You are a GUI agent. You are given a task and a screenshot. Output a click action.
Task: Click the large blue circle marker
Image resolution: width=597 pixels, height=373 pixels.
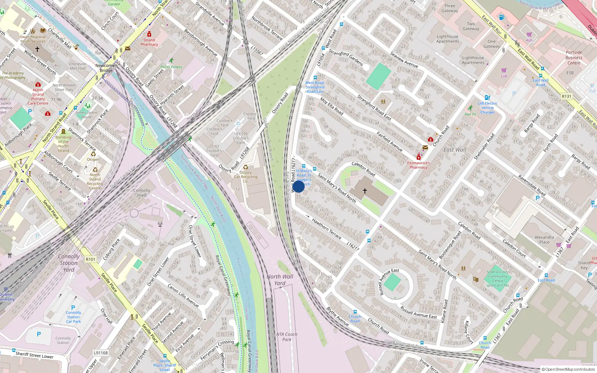[298, 186]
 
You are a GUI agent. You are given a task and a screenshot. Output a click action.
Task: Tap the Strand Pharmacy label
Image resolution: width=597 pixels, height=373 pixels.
[149, 42]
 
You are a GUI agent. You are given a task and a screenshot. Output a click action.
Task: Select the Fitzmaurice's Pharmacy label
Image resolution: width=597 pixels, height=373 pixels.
[418, 165]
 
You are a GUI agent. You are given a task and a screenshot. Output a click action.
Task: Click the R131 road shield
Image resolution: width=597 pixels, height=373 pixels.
[566, 96]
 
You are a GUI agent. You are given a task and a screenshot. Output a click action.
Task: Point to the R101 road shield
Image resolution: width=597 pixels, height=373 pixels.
[90, 259]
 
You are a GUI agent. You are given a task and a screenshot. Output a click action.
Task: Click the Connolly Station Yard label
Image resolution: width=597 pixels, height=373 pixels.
[69, 263]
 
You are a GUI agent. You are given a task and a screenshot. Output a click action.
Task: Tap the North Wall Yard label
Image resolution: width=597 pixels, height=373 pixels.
[280, 280]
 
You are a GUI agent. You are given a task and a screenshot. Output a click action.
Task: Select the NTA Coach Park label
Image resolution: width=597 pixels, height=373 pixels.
[287, 337]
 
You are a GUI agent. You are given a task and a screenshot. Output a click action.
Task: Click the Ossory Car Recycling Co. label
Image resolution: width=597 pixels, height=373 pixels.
[246, 177]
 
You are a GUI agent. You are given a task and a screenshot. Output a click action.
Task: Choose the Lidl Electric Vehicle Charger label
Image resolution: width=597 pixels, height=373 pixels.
[487, 108]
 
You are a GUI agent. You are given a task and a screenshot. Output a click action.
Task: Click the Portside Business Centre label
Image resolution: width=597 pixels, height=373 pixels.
[573, 58]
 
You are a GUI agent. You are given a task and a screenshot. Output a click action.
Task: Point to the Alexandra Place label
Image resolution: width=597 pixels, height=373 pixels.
[544, 239]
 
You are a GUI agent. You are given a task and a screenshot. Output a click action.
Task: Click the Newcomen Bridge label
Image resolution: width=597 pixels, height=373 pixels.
[106, 68]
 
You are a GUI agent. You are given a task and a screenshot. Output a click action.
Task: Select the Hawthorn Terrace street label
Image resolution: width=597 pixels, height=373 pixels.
[326, 229]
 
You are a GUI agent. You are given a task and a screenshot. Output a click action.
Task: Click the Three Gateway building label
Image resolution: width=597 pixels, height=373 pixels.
[450, 8]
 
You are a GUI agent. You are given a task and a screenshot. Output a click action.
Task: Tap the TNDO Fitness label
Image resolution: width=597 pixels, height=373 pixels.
[171, 67]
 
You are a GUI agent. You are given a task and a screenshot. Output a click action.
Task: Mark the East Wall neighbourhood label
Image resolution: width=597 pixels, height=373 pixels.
[454, 150]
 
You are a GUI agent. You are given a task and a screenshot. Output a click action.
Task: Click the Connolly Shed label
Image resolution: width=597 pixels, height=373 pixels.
[142, 192]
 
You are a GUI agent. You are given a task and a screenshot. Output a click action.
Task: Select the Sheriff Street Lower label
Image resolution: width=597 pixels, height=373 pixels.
[34, 355]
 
